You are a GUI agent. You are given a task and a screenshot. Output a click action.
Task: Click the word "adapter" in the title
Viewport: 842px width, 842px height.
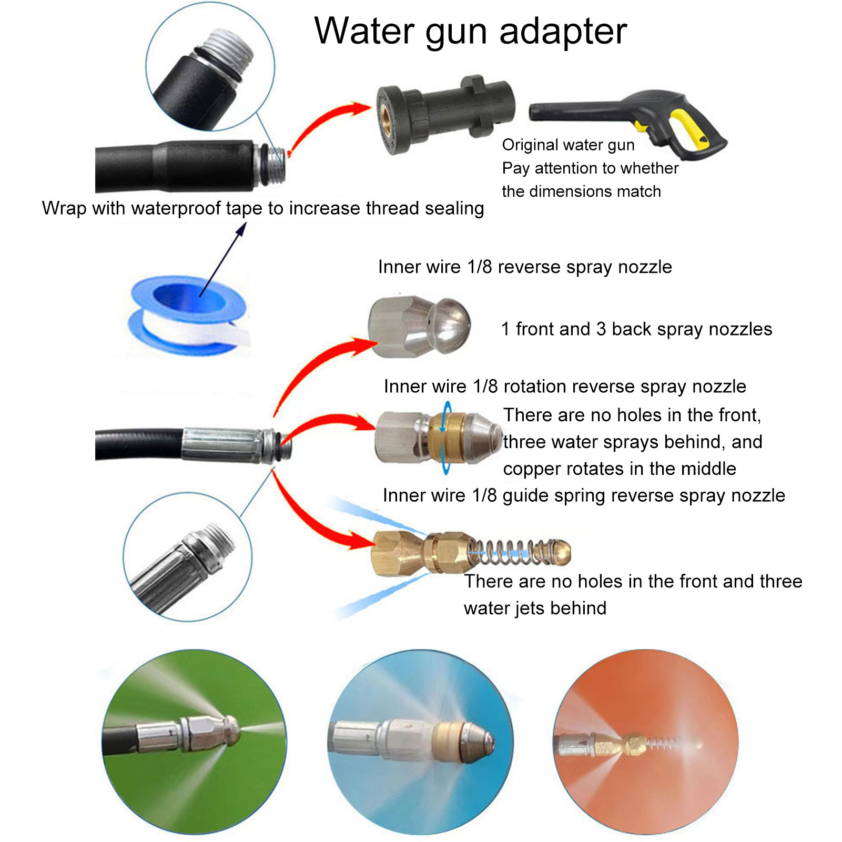coord(563,32)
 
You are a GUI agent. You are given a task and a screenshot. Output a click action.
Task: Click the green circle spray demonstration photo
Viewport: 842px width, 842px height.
coord(194,742)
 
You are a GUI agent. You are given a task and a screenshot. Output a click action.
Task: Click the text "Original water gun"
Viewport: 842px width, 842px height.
coord(568,145)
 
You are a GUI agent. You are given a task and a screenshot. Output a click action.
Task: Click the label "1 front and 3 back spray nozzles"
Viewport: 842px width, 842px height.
coord(636,329)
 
